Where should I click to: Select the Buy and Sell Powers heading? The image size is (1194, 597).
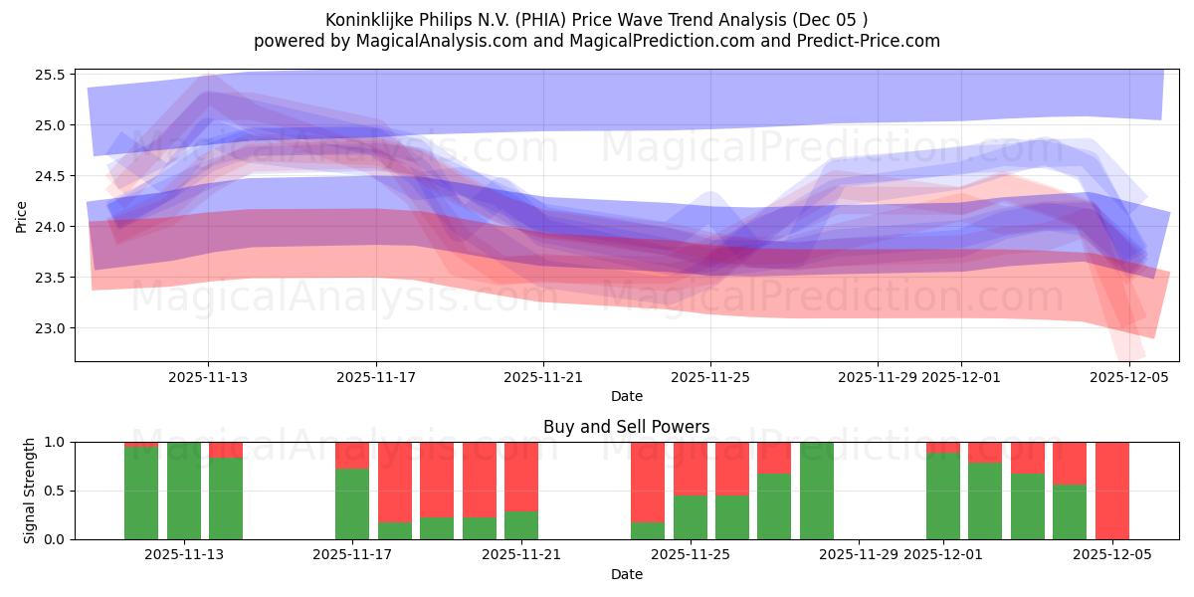pyautogui.click(x=626, y=427)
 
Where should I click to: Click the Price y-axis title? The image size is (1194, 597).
pyautogui.click(x=22, y=216)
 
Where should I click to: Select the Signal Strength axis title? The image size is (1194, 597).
pyautogui.click(x=30, y=491)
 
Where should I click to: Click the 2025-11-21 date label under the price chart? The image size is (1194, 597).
pyautogui.click(x=543, y=377)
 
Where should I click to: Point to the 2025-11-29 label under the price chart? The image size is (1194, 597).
pyautogui.click(x=878, y=377)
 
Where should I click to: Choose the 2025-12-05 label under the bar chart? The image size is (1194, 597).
pyautogui.click(x=1112, y=555)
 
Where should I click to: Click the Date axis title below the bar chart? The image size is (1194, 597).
pyautogui.click(x=626, y=574)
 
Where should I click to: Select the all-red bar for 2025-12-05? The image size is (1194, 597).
pyautogui.click(x=1112, y=491)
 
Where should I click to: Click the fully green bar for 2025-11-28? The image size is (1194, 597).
pyautogui.click(x=817, y=491)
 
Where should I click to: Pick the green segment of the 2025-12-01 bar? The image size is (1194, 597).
pyautogui.click(x=943, y=497)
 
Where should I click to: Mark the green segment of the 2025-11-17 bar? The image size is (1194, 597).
pyautogui.click(x=352, y=504)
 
